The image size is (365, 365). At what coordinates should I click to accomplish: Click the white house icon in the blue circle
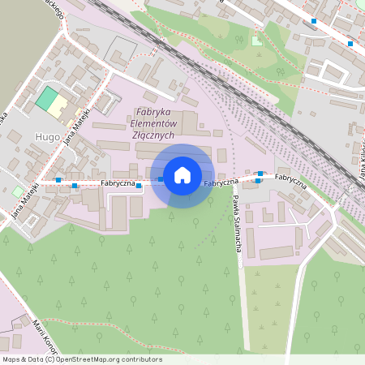[x=182, y=175]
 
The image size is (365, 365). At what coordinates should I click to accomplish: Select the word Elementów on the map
[x=154, y=123]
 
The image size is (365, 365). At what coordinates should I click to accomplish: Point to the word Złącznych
[x=152, y=135]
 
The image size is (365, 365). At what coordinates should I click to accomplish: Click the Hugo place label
[x=47, y=137]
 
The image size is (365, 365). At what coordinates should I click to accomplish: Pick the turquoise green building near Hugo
[x=47, y=100]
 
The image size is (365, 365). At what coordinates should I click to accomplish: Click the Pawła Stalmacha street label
[x=237, y=222]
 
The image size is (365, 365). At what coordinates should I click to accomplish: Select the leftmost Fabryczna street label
[x=118, y=183]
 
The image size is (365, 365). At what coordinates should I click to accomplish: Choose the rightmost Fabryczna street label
[x=290, y=178]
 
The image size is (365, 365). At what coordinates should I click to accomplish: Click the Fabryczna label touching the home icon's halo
[x=221, y=182]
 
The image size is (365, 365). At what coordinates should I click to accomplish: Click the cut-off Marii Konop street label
[x=41, y=331]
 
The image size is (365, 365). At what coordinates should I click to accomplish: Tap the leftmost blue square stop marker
[x=58, y=180]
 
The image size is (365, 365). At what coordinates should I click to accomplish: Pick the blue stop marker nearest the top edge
[x=314, y=21]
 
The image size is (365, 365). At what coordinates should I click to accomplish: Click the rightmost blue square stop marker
[x=350, y=44]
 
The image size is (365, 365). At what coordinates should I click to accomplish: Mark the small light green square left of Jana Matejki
[x=18, y=191]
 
